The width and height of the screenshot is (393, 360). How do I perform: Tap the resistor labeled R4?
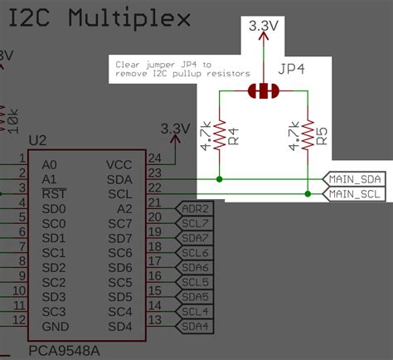tap(220, 136)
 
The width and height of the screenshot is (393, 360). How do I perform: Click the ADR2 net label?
tap(196, 209)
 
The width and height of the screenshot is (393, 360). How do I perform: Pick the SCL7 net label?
tap(196, 224)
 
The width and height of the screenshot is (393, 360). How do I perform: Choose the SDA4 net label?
tap(196, 327)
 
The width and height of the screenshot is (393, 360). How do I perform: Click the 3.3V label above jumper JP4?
tap(263, 27)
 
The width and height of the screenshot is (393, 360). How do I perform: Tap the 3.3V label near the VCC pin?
tap(175, 129)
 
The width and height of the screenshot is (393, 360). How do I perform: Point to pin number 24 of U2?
tap(153, 158)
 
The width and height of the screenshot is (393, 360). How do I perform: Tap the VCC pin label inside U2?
tap(119, 164)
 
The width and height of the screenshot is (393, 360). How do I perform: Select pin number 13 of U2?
tap(153, 320)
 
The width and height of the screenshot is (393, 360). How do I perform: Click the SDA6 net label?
tap(196, 268)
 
